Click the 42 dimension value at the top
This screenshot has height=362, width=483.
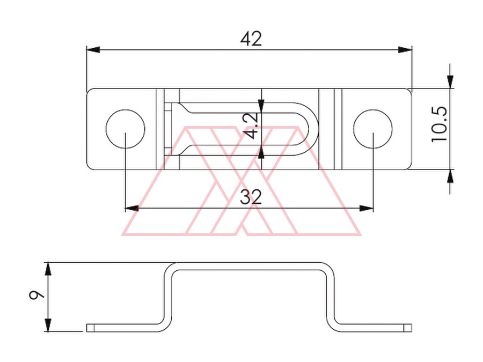(251, 39)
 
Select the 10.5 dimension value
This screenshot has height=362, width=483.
(439, 124)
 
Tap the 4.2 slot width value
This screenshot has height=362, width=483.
(250, 125)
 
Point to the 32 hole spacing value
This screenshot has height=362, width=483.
(251, 197)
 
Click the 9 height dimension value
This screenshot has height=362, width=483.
(36, 295)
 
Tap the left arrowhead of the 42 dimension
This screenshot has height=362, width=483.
(93, 50)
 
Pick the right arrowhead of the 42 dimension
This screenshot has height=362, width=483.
(405, 50)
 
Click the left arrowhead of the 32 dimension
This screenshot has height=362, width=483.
(132, 209)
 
